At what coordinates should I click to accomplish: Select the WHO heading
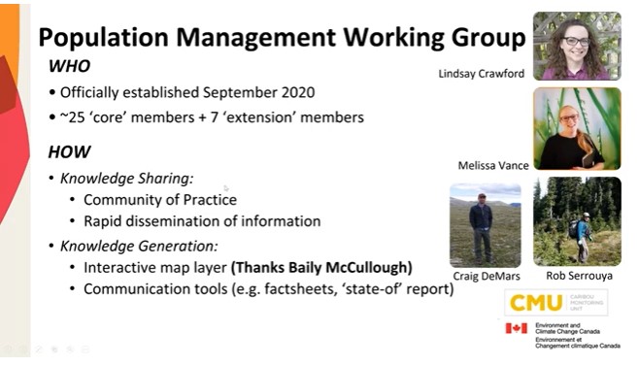point(72,66)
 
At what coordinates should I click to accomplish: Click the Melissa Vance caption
point(493,165)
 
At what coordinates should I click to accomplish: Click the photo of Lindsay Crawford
point(577,46)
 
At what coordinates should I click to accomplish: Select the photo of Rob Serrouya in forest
point(577,221)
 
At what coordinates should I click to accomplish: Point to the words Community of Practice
point(160,200)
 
